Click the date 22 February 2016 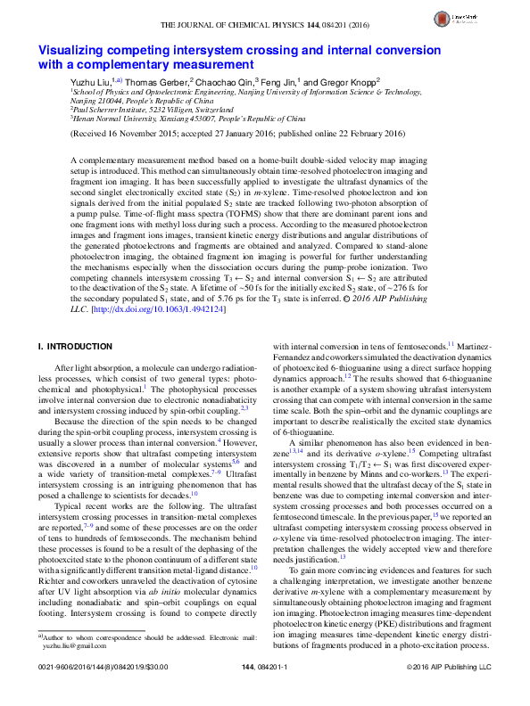tap(348, 135)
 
